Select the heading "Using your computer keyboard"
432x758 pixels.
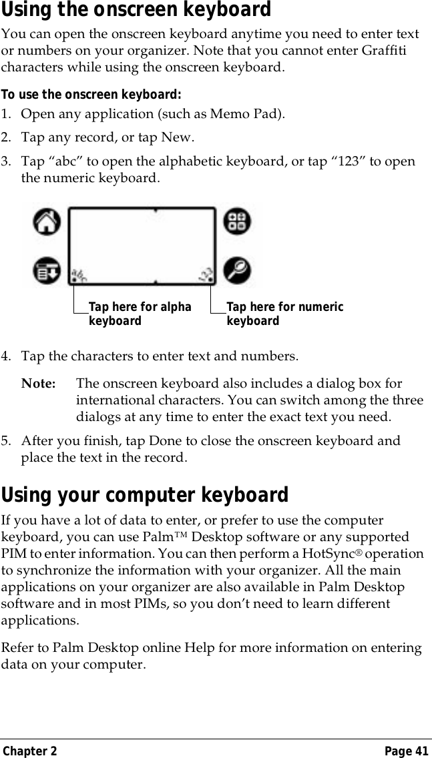(x=145, y=495)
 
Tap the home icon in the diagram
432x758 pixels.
(x=47, y=222)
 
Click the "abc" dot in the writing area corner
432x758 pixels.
(x=79, y=274)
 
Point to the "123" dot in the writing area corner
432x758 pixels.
(x=206, y=274)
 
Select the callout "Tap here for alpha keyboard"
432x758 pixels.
(x=140, y=314)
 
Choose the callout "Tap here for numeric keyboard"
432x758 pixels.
(x=284, y=314)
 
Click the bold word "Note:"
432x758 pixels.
(x=39, y=384)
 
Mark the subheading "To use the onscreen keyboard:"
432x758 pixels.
(x=91, y=94)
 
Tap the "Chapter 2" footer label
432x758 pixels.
(x=29, y=751)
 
